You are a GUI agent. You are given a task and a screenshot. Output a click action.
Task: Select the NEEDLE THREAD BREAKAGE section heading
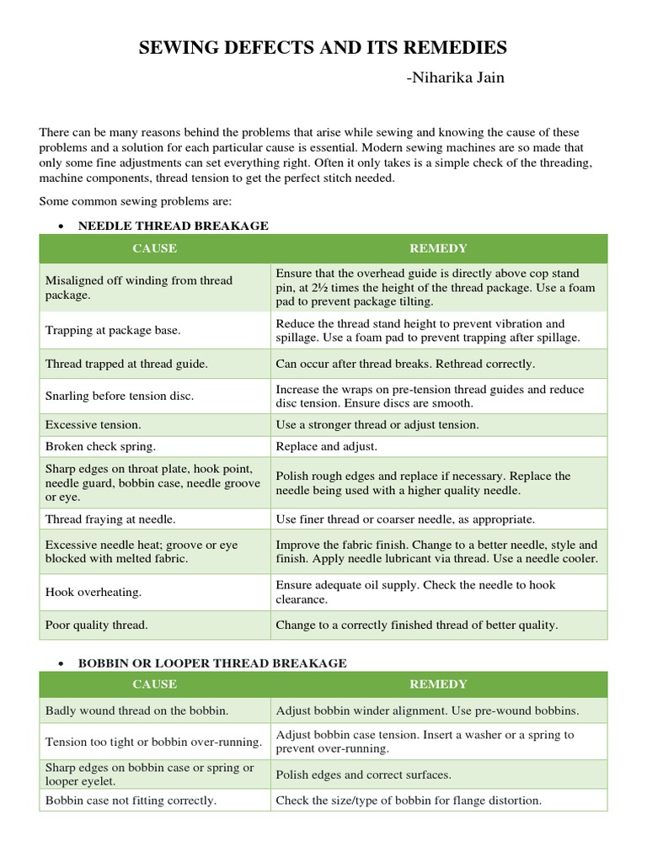click(x=173, y=226)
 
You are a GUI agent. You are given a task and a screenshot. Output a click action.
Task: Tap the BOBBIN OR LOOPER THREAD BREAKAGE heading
click(x=212, y=663)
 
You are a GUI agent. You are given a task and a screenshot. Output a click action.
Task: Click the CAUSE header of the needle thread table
click(x=154, y=248)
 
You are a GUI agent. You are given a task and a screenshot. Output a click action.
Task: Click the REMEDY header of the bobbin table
click(x=438, y=684)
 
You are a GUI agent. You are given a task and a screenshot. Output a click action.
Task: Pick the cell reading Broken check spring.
click(x=100, y=446)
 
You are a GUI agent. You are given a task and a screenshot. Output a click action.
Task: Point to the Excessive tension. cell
click(x=94, y=425)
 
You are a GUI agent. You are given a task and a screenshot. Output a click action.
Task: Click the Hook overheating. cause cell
click(x=94, y=592)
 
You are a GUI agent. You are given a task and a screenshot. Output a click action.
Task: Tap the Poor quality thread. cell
click(x=96, y=625)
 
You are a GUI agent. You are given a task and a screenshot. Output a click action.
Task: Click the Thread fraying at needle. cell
click(x=110, y=519)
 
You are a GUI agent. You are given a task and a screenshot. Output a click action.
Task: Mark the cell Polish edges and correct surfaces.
click(x=363, y=774)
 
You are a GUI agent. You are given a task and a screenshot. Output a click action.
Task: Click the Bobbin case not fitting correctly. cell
click(x=131, y=801)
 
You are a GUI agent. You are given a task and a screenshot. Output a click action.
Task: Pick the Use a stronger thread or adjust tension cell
click(x=377, y=425)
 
